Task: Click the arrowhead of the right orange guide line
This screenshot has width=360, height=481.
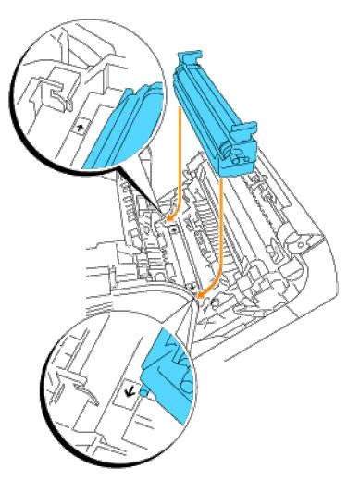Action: [203, 295]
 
